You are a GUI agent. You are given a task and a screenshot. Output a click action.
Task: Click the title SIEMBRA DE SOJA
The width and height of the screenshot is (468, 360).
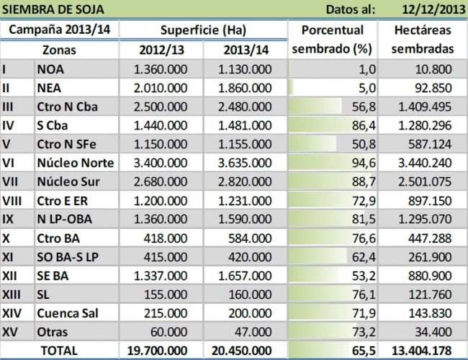pos(53,9)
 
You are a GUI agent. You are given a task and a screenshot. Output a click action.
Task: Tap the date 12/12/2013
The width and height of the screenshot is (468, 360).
pos(433,9)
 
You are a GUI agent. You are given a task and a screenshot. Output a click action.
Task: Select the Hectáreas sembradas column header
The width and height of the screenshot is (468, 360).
pos(423,40)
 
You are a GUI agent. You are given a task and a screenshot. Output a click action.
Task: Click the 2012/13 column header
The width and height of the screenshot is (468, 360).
pos(161,50)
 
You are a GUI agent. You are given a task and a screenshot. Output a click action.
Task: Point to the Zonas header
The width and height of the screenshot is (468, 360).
pos(59,50)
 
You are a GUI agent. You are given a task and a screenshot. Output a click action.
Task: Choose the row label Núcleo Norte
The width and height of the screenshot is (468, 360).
pos(76,163)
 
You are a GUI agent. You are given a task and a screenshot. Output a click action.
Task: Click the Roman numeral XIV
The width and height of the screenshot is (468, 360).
pos(12,313)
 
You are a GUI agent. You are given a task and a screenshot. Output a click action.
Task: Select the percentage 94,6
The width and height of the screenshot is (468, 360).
pos(364,163)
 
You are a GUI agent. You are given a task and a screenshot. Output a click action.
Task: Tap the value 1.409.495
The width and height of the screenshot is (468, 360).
pos(425,107)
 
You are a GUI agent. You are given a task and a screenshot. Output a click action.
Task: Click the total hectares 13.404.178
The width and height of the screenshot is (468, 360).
pos(421,351)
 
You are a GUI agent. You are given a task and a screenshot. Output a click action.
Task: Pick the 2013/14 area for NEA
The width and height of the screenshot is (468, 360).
pos(245,88)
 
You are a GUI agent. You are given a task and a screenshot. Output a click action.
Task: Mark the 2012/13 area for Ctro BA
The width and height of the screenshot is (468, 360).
pos(166,238)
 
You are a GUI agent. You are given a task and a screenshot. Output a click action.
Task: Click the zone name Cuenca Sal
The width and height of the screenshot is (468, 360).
pos(68,313)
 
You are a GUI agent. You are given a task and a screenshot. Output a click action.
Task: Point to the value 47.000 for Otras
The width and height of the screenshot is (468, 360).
pos(253,332)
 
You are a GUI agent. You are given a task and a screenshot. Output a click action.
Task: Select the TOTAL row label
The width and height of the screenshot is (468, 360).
pos(59,351)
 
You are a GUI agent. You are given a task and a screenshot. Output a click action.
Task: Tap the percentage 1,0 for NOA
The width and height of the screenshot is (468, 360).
pos(367,70)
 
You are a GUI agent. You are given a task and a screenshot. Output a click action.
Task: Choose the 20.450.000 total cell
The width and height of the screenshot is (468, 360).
pos(242,351)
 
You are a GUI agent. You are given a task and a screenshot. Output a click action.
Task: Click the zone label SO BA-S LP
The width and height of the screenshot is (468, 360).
pos(68,257)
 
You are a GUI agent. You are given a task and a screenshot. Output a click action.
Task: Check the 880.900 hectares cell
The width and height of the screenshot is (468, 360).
pos(430,276)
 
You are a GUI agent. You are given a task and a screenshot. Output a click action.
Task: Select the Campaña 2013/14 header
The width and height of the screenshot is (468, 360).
pos(59,30)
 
